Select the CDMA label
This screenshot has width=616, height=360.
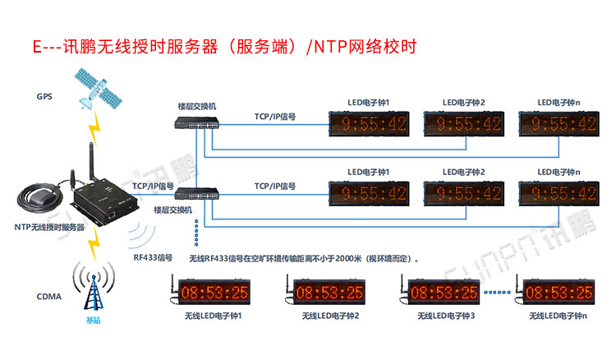[48, 296]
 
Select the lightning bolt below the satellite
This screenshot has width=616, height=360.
[97, 127]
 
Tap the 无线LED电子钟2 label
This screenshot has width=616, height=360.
[329, 316]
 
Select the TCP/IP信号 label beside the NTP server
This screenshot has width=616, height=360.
[153, 187]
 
